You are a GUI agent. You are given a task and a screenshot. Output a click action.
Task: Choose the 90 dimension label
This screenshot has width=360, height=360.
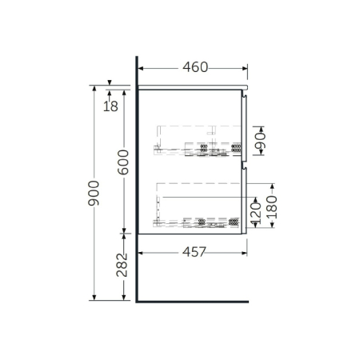260,144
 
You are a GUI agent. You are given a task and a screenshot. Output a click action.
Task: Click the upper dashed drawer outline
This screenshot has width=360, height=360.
200,140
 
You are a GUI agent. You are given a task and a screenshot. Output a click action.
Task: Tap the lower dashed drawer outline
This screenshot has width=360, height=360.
200,204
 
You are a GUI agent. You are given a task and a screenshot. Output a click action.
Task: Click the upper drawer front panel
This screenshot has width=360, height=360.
246,128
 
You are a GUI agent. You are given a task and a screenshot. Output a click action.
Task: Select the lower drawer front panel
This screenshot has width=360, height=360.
246,200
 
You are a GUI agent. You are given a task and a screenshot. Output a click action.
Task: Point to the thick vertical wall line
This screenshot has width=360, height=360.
138,184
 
